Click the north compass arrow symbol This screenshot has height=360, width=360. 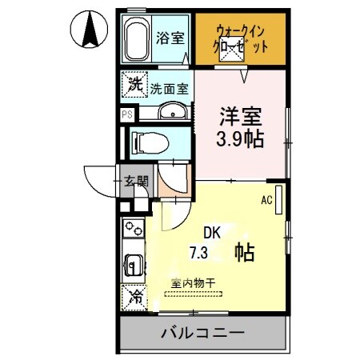point(90,30)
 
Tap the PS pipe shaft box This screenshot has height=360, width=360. point(126,114)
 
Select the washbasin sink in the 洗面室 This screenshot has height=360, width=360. point(170,112)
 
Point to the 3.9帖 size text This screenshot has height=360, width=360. point(241,138)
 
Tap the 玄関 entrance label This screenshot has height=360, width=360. point(135,182)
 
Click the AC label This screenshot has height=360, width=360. point(267,201)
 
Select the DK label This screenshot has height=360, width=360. point(211,234)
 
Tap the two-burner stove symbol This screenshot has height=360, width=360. point(132,230)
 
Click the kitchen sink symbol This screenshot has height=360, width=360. point(132,263)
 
